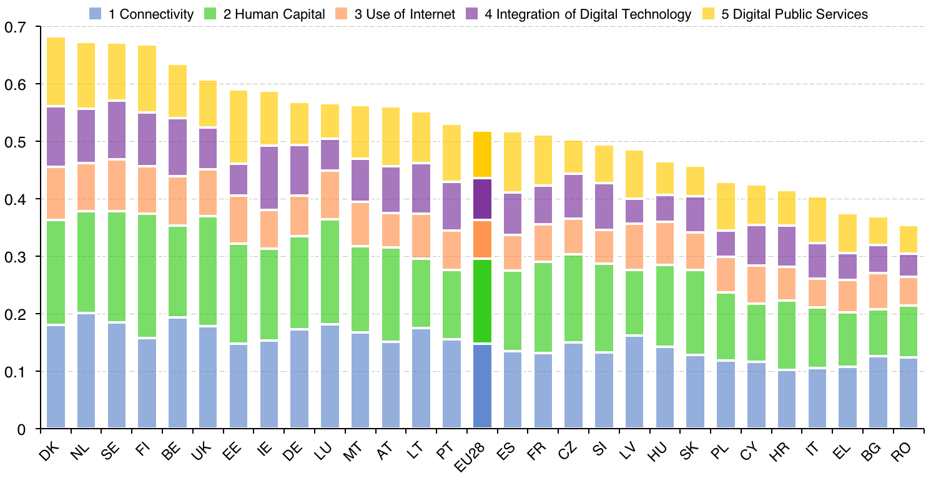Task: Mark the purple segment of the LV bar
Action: tap(634, 211)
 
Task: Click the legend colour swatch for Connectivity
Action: tap(96, 14)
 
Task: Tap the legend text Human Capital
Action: tap(274, 14)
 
